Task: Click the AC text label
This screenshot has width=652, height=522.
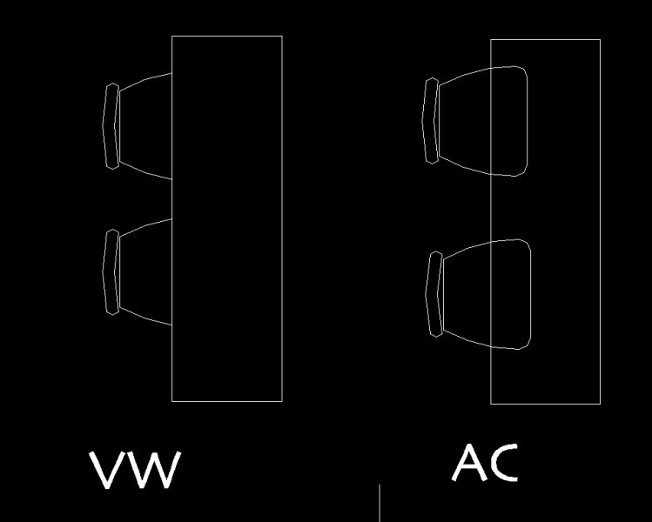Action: (485, 463)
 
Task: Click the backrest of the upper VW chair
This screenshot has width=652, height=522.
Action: (111, 126)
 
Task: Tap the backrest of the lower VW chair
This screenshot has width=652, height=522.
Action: (111, 271)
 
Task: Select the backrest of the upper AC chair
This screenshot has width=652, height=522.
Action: (431, 120)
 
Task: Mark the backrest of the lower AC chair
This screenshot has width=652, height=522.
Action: (434, 293)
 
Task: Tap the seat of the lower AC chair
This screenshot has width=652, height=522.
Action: (483, 294)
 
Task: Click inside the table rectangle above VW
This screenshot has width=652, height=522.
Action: (227, 217)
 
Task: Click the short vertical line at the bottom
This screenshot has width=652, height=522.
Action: (379, 503)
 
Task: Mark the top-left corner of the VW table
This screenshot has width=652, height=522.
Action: (172, 37)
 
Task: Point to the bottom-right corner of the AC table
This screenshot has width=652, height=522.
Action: (600, 404)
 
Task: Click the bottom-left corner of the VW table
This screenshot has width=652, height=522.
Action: (172, 401)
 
